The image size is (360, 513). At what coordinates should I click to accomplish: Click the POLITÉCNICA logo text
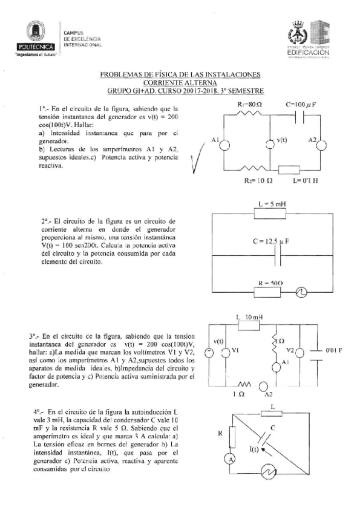coord(38,46)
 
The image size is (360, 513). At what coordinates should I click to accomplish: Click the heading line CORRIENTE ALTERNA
coord(180,83)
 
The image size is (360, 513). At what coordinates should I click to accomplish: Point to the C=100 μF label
coord(300,103)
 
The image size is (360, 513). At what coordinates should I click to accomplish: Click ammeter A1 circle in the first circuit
coord(224,144)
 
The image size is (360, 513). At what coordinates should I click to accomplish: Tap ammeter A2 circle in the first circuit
coord(321,144)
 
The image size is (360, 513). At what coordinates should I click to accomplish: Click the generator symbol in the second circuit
coord(301,292)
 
